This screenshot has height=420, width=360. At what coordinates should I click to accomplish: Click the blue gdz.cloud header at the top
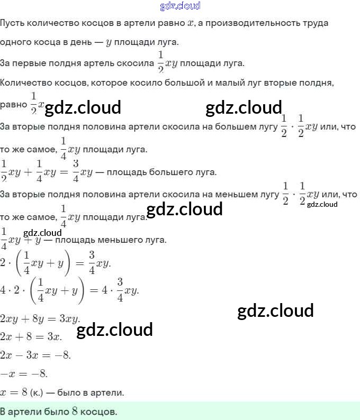(180, 6)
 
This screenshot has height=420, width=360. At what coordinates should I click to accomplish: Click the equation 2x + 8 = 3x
(31, 337)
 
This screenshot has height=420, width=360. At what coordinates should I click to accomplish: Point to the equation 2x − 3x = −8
(36, 355)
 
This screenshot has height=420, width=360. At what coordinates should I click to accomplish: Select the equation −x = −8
(24, 374)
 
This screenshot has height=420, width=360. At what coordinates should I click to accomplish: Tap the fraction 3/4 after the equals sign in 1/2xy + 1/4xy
(76, 170)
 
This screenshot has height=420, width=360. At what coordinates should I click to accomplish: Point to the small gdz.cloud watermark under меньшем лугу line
(322, 204)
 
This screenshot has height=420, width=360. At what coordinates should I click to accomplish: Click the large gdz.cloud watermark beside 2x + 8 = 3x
(114, 330)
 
